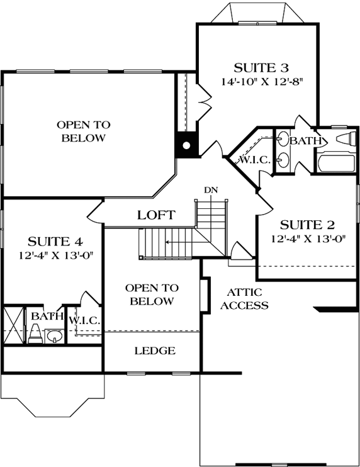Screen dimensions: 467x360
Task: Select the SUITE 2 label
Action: [x=307, y=225]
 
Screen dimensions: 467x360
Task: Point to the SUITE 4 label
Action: [x=56, y=240]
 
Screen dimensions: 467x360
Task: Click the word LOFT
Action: [x=156, y=215]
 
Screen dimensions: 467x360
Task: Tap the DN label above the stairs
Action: [x=211, y=190]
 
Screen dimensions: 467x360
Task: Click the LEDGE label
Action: [x=155, y=351]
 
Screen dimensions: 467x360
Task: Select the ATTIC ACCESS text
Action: [x=248, y=299]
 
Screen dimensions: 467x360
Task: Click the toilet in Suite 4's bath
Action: [x=35, y=334]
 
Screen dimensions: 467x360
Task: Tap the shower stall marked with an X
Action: [x=13, y=325]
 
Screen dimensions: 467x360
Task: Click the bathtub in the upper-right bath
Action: [x=333, y=164]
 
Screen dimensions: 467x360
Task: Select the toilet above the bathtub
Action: [x=346, y=138]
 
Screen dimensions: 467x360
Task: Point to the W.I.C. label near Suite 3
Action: [x=254, y=160]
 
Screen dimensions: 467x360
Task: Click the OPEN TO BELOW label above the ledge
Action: [x=152, y=295]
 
